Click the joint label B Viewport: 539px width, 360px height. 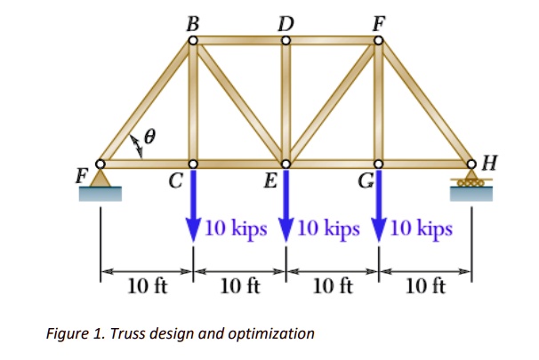click(191, 20)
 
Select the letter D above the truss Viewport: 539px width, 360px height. click(285, 20)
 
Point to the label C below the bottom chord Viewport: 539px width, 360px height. click(176, 183)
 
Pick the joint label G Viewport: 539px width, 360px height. click(364, 183)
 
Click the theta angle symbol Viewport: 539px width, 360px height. click(150, 138)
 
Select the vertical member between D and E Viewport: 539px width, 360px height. click(286, 102)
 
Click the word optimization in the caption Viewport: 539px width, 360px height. click(271, 334)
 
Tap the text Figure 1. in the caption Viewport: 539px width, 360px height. click(71, 334)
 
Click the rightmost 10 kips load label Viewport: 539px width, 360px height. click(421, 228)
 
